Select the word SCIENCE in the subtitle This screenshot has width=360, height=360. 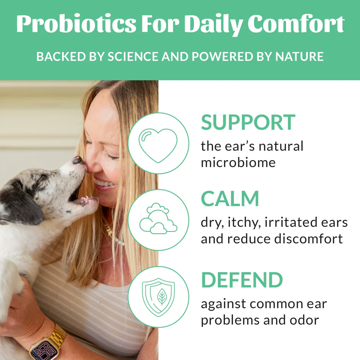pos(131,57)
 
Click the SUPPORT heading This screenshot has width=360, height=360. pos(248,122)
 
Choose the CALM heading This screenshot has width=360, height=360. pos(230,199)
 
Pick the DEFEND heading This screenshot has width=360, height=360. pos(242,280)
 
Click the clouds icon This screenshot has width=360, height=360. pos(158,219)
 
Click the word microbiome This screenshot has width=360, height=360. pos(238,162)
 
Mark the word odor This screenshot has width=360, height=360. pos(302,320)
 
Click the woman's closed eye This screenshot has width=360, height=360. pos(111,157)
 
